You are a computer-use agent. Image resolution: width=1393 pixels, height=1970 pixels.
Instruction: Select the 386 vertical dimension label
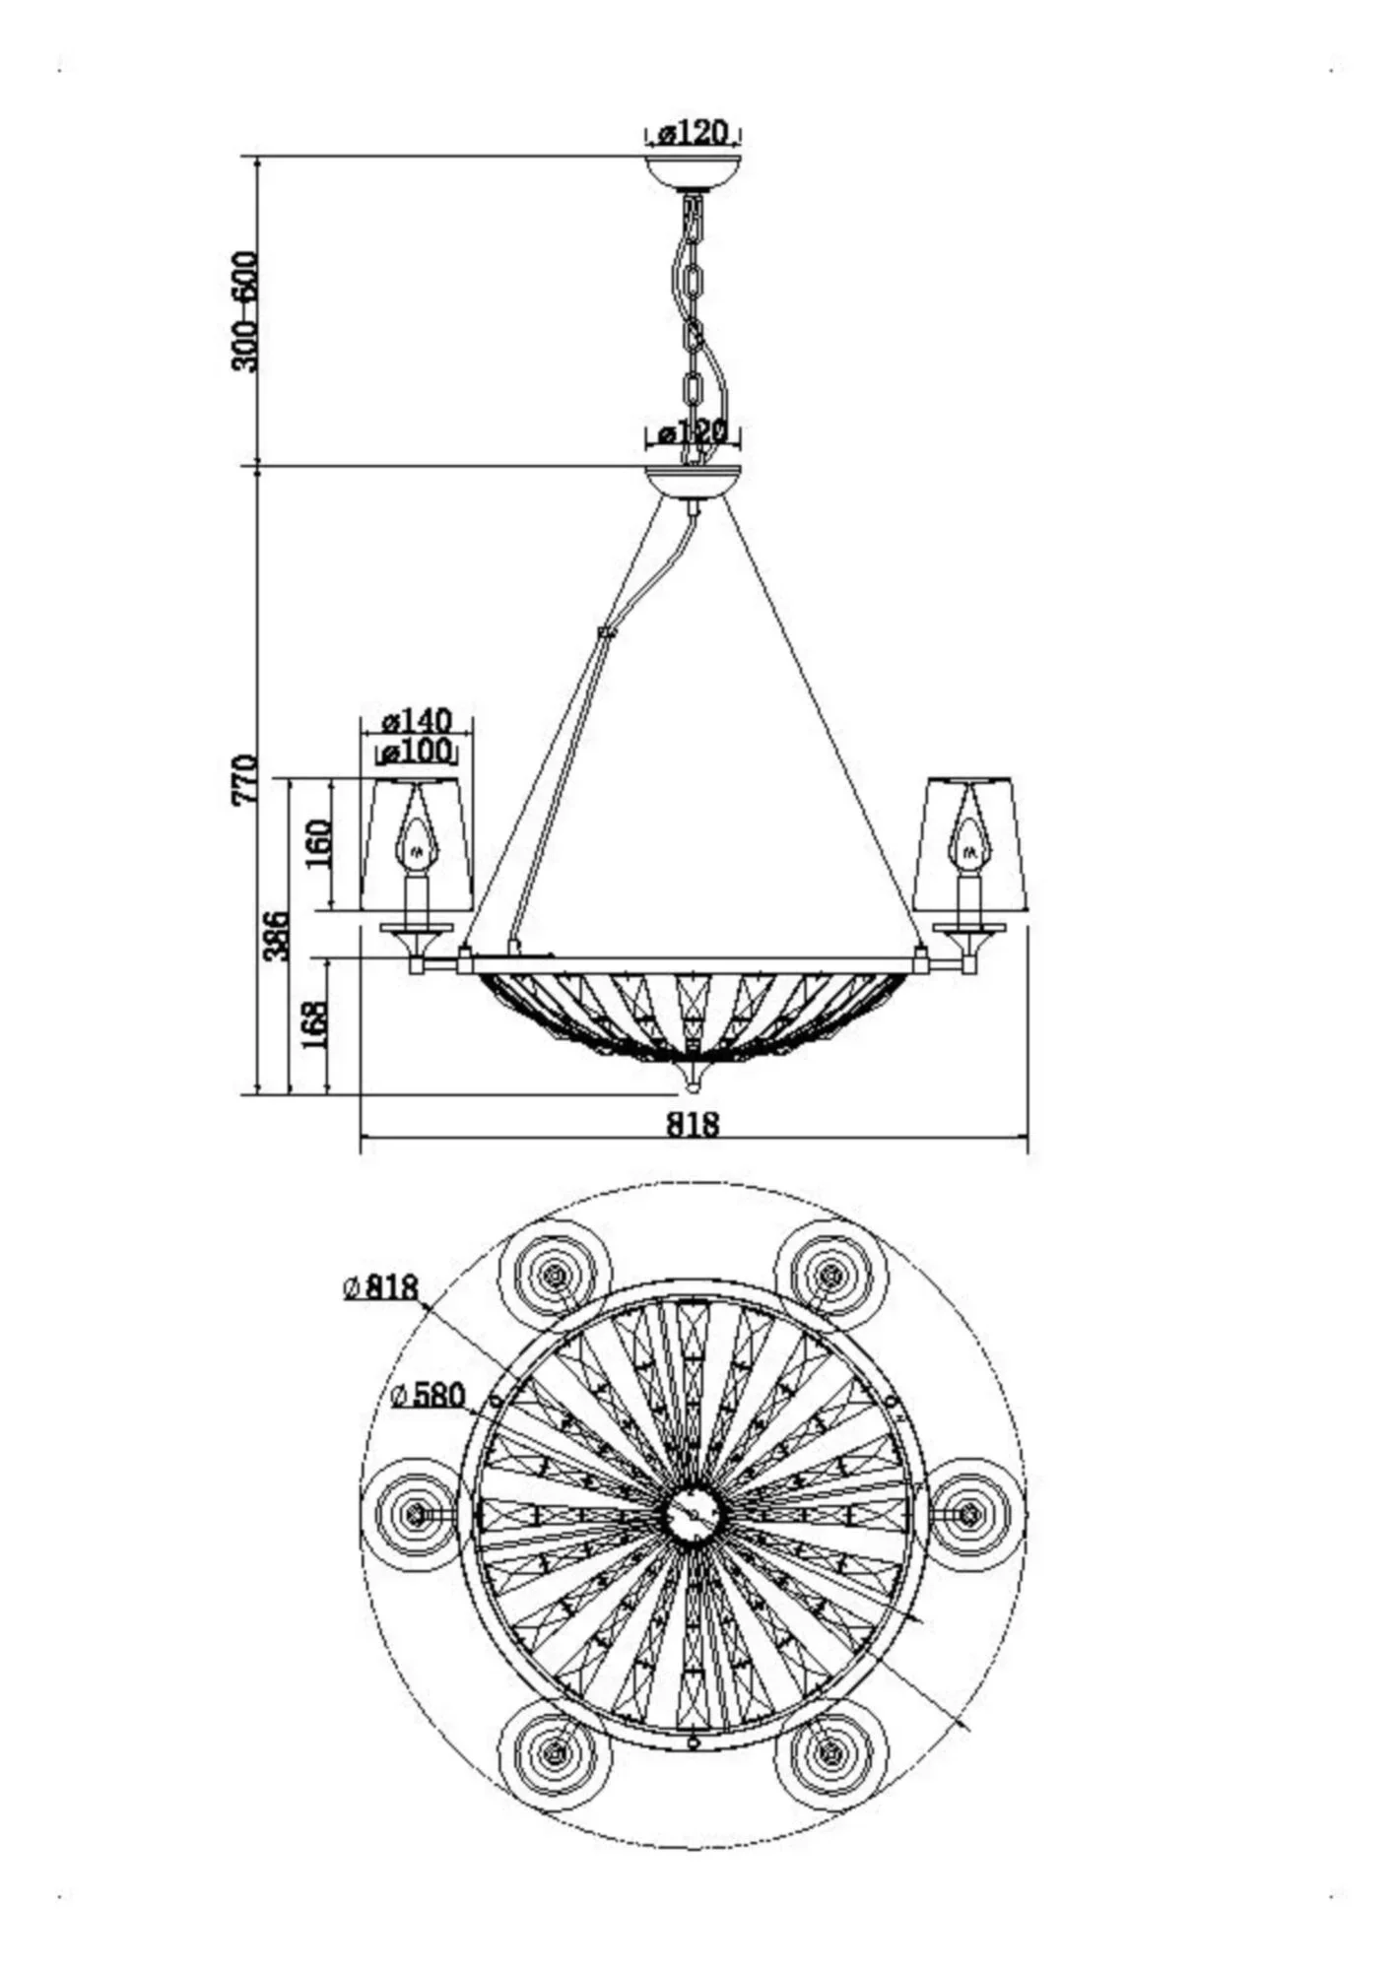277,936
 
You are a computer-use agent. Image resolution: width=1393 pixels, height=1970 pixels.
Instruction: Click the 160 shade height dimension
318,842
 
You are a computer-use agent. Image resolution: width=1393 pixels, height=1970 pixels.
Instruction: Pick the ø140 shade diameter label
417,720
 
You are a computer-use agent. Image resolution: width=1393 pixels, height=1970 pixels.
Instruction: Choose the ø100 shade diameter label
417,752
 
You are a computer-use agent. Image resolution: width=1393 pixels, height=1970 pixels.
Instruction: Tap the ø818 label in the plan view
381,1286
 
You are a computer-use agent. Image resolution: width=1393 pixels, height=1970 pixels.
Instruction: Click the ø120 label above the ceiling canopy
693,132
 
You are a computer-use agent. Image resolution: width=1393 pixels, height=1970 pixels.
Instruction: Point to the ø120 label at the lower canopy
693,432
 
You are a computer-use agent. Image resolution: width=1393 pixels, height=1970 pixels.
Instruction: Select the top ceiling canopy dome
693,170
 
